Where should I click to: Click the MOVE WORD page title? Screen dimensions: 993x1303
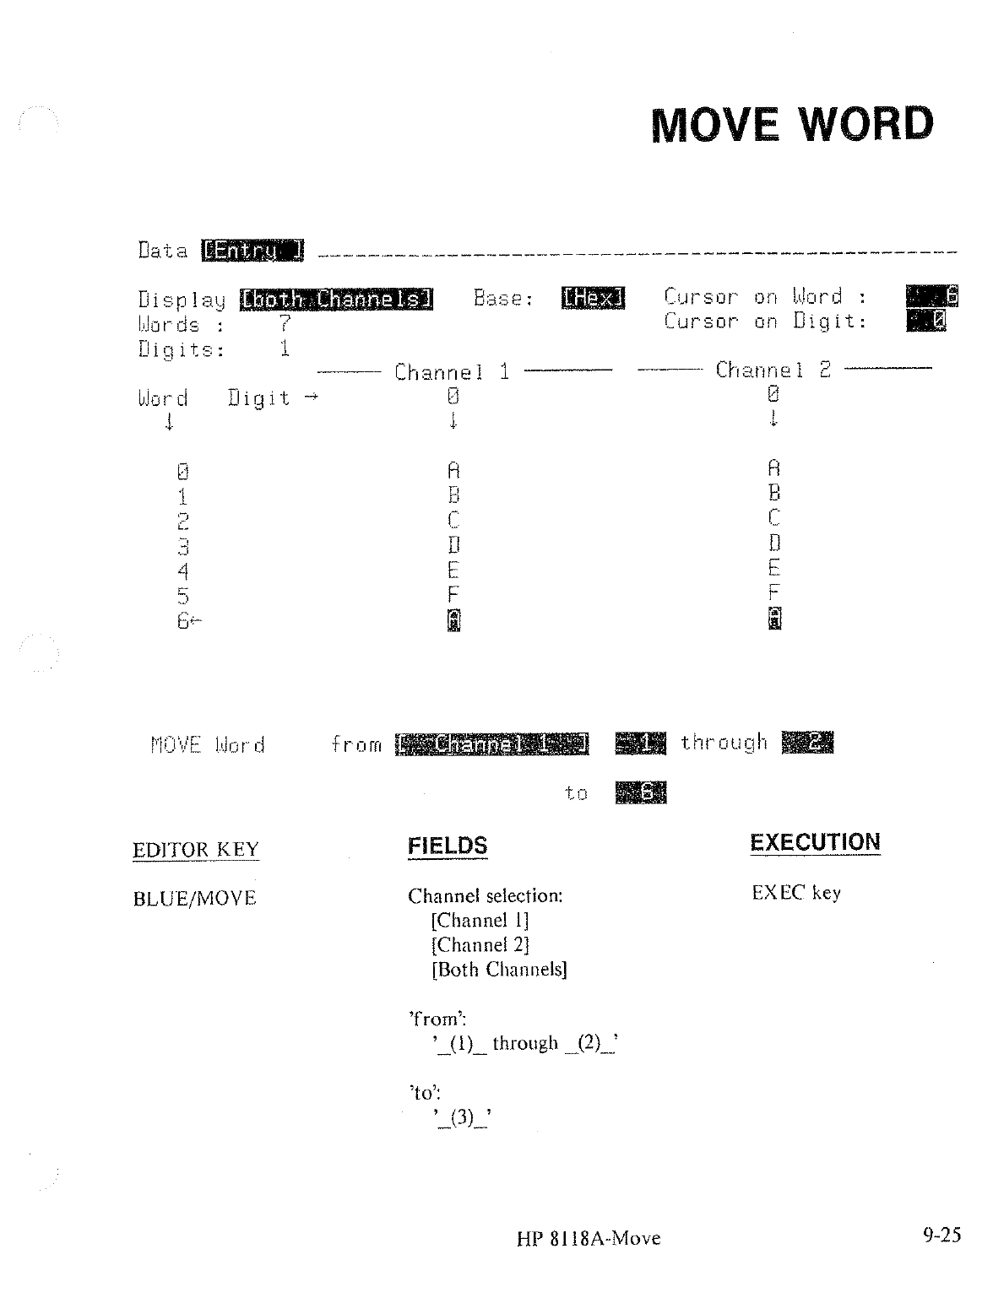tap(793, 125)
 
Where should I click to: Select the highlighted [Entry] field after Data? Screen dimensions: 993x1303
tap(252, 251)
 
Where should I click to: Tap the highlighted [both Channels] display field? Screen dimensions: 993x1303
tap(336, 299)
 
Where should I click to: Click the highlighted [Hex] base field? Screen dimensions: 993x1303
tap(592, 297)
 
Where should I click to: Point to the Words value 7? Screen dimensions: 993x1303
tap(285, 324)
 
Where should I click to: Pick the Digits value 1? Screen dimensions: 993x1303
tap(285, 348)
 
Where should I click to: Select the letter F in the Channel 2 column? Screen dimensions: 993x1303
tap(773, 592)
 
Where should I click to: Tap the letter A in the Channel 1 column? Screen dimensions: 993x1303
tap(453, 470)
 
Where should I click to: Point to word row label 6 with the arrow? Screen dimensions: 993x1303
tap(188, 621)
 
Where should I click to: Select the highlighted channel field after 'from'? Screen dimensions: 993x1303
tap(491, 743)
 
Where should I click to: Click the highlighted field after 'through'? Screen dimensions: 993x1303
tap(807, 742)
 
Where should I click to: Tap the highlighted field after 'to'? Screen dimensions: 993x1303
tap(641, 793)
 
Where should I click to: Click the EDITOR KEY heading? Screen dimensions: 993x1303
tap(196, 849)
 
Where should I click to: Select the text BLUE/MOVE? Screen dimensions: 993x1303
tap(194, 898)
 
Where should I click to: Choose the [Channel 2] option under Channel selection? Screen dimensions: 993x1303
tap(480, 944)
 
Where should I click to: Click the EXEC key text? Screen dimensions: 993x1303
tap(795, 893)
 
